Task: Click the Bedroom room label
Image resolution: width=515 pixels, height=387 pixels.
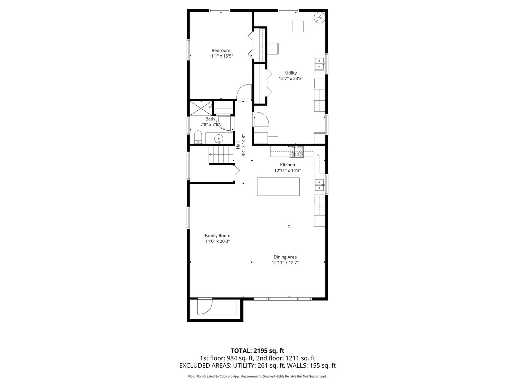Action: pyautogui.click(x=221, y=51)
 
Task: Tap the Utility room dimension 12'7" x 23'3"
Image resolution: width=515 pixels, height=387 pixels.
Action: pyautogui.click(x=291, y=78)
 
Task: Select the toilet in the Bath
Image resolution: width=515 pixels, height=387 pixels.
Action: pyautogui.click(x=198, y=137)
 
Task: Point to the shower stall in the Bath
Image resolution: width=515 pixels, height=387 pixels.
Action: pyautogui.click(x=201, y=108)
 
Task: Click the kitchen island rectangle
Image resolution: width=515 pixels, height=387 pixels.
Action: pyautogui.click(x=278, y=187)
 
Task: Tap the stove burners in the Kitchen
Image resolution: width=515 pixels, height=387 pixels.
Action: pyautogui.click(x=296, y=152)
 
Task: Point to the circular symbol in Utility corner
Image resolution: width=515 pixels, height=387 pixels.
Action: pyautogui.click(x=319, y=17)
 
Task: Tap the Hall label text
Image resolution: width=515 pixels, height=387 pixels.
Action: pyautogui.click(x=238, y=145)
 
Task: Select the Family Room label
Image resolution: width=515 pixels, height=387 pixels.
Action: pyautogui.click(x=217, y=235)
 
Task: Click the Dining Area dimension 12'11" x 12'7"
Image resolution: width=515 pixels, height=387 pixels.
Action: pyautogui.click(x=285, y=263)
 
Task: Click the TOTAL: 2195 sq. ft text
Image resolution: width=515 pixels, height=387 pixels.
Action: pyautogui.click(x=257, y=350)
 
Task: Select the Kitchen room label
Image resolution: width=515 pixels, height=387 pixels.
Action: pyautogui.click(x=287, y=165)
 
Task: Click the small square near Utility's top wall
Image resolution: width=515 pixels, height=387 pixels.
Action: pyautogui.click(x=298, y=27)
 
